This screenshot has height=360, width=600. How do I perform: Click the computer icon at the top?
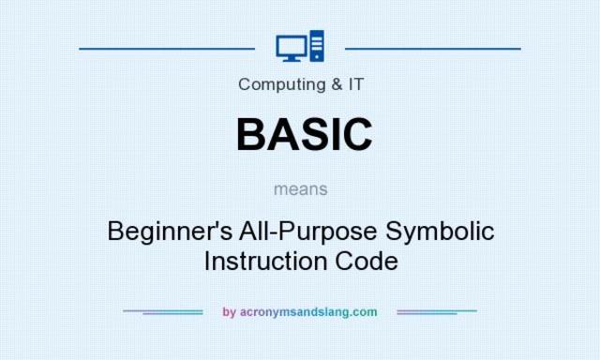301,46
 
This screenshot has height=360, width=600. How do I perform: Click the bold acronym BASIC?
303,133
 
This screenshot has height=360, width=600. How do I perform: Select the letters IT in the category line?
355,83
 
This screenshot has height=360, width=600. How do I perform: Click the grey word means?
301,188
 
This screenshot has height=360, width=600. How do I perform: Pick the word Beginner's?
161,231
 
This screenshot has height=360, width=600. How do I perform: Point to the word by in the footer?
229,312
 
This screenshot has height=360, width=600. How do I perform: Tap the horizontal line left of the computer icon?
167,47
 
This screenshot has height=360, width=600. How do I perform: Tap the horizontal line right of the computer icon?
432,47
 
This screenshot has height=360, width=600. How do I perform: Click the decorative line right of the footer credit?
437,311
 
